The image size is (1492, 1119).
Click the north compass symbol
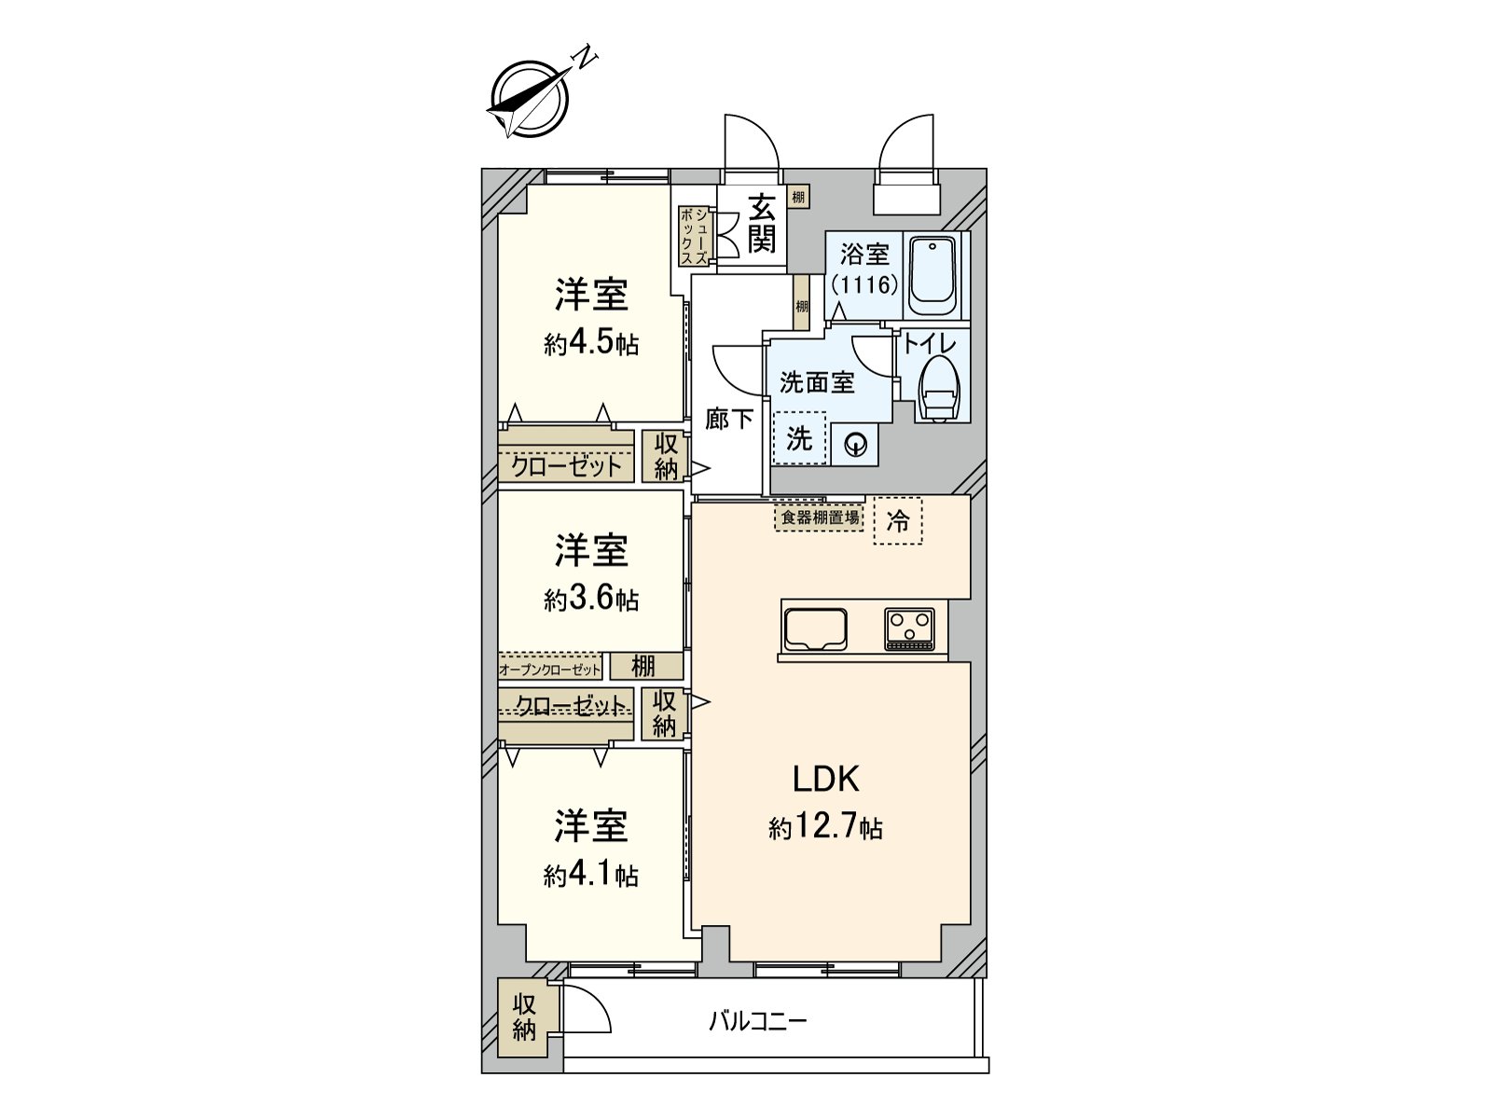pos(530,98)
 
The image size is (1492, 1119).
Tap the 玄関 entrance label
pos(762,224)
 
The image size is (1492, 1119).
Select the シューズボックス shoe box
pos(694,236)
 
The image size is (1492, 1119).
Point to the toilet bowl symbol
pos(940,390)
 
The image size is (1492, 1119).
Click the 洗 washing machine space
pos(799,438)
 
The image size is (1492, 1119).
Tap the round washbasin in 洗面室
pos(854,447)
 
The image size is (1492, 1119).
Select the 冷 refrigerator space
pos(897,520)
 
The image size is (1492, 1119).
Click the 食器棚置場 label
pos(820,518)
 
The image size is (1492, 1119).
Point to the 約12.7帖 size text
pos(825,827)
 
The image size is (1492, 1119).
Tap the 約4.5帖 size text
pos(591,343)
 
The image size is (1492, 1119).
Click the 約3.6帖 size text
pos(591,599)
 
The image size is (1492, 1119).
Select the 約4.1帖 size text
pos(591,875)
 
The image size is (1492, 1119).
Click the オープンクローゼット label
pos(550,669)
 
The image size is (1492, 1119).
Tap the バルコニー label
pos(757,1021)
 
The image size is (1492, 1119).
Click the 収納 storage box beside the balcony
pos(524,1017)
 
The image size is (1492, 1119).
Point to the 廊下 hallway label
pos(728,419)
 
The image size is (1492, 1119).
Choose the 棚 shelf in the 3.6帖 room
pos(644,666)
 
